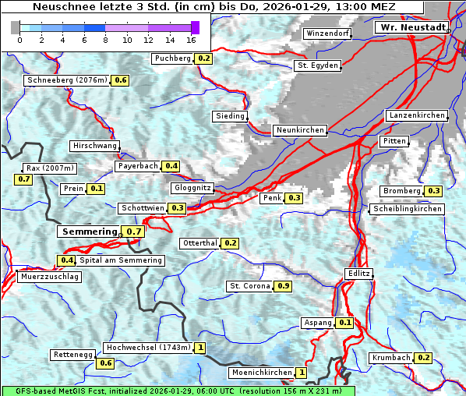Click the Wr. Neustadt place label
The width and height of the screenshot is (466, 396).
pos(411,27)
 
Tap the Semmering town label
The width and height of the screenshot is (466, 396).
pos(89,232)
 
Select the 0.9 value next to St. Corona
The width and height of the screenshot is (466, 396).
pos(284,286)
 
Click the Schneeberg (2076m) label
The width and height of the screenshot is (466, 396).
pos(66,80)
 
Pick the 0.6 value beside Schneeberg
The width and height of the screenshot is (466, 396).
pos(121,80)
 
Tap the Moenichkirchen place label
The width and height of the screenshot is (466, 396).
pos(256,373)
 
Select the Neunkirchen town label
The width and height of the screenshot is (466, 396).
pos(299,130)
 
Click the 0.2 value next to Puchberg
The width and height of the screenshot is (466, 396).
pos(204,58)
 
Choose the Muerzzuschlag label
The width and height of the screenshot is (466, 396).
pos(48,277)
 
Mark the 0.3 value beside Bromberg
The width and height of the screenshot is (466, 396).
pos(434,191)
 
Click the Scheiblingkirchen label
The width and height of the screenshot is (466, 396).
pos(406,209)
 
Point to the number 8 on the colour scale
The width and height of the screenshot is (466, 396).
pos(105,39)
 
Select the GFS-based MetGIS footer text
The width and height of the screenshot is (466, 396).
pos(178,391)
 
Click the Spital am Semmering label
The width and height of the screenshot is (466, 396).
pos(120,260)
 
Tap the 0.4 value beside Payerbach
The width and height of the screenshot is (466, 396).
pos(171,166)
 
